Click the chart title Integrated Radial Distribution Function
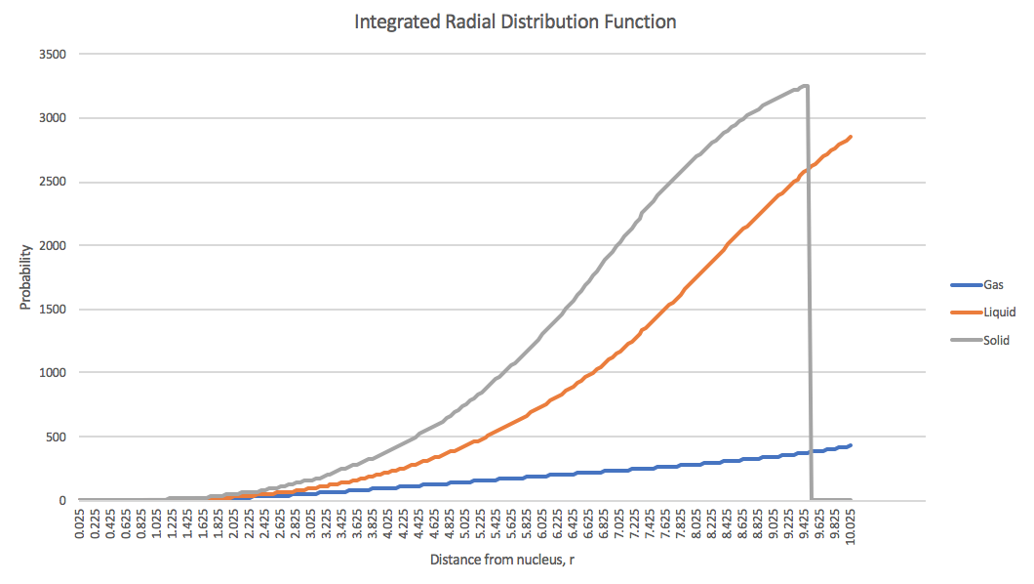coord(516,21)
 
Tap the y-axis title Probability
coord(26,277)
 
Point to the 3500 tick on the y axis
coord(51,55)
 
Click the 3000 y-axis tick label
coord(51,118)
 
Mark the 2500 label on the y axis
coord(51,182)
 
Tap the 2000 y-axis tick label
coord(51,245)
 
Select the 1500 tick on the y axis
coord(51,310)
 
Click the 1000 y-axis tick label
coord(51,373)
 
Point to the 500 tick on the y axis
coord(54,437)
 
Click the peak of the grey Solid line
coord(805,86)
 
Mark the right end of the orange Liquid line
coord(851,137)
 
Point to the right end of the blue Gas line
coord(851,445)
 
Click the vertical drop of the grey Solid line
coord(809,293)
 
